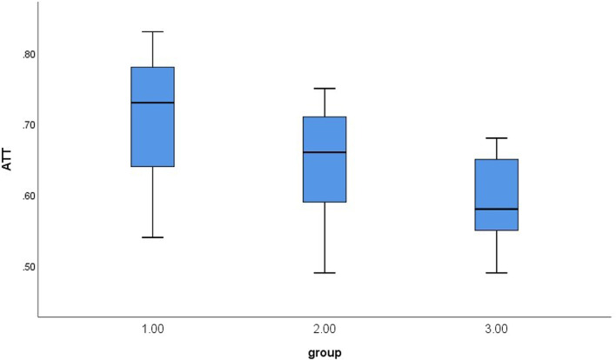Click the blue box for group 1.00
(152, 130)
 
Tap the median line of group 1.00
(152, 103)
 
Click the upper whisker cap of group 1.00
(152, 31)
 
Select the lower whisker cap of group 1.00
(152, 237)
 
